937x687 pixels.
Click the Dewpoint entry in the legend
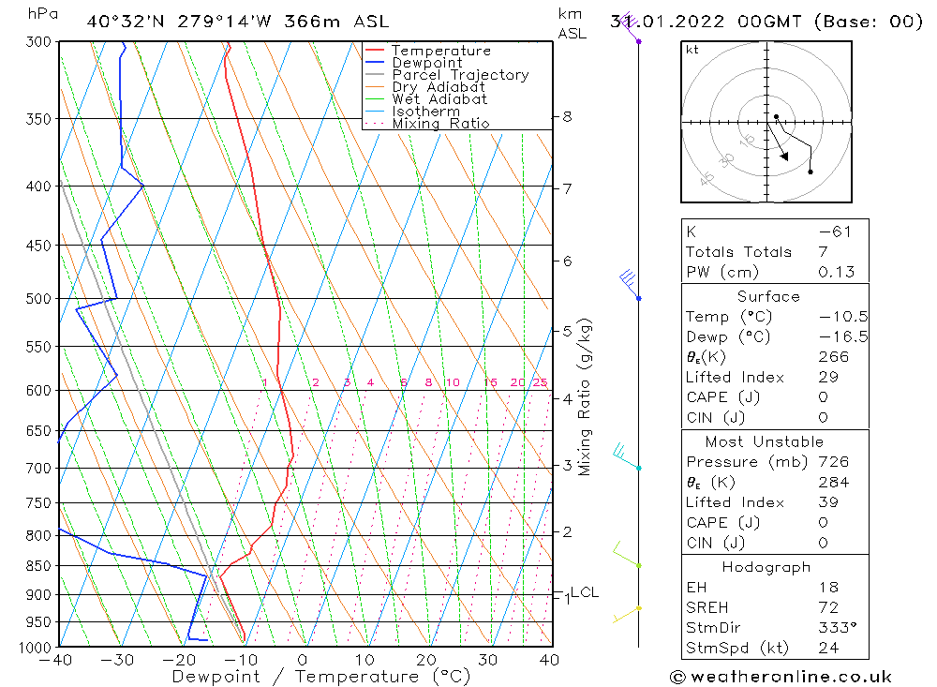[x=426, y=63]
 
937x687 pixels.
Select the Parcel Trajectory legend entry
[x=460, y=75]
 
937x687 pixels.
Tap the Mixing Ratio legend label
[x=440, y=123]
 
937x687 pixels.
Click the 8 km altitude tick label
[x=568, y=117]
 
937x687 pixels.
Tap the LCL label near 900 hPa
[x=585, y=592]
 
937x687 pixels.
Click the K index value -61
[x=834, y=231]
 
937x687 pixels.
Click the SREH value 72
[x=828, y=608]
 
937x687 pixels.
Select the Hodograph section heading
[x=766, y=567]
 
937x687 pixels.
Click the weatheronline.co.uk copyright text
[x=781, y=677]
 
